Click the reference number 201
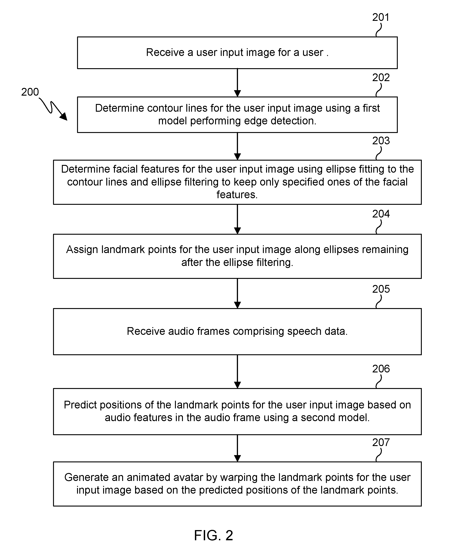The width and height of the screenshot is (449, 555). (381, 17)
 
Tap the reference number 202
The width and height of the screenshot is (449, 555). (381, 77)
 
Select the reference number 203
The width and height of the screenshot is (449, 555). (381, 141)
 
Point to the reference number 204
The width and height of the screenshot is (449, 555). (381, 214)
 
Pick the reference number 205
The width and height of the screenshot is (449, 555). (381, 289)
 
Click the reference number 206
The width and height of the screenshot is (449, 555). (381, 369)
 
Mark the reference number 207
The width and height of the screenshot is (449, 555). (381, 442)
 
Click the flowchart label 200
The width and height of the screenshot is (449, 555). (30, 92)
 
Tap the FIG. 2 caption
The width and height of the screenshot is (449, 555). (214, 535)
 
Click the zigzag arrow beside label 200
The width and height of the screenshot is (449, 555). (53, 109)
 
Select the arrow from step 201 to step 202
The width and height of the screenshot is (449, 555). (238, 83)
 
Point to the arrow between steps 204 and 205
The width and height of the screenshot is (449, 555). (238, 293)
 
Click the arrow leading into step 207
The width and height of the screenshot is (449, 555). (238, 448)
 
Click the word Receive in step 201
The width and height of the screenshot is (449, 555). (165, 53)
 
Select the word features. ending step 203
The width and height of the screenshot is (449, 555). (237, 195)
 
